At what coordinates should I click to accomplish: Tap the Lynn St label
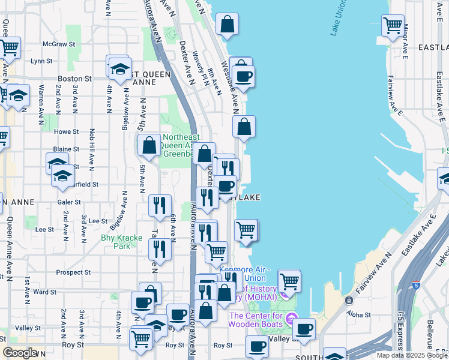[42, 61]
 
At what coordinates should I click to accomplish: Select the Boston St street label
[74, 79]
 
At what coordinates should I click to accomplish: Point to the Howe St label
[66, 132]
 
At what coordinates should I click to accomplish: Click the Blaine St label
[66, 149]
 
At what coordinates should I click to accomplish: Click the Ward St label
[45, 292]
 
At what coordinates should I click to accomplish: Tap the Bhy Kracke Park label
[122, 242]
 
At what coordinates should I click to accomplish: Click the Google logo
[20, 353]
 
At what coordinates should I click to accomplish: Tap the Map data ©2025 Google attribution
[411, 355]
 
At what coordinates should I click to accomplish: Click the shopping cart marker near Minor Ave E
[393, 26]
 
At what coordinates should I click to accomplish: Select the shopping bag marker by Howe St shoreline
[244, 127]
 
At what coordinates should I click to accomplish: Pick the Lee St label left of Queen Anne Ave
[44, 229]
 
